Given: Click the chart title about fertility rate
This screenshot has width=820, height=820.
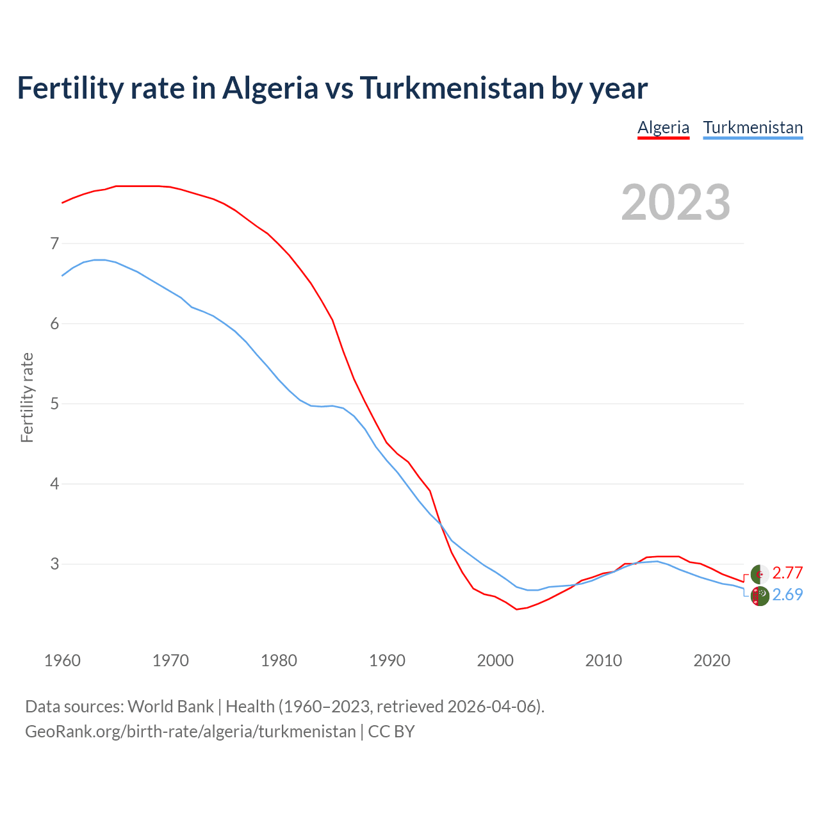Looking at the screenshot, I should tap(332, 88).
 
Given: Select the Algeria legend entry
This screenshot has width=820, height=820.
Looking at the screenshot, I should tap(663, 127).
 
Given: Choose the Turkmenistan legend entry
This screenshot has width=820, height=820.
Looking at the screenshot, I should tap(753, 127).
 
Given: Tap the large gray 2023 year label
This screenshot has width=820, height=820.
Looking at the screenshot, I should tap(676, 202).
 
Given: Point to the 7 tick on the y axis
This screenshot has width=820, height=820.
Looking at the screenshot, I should tap(54, 243).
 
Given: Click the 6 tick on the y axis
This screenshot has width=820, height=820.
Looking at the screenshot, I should tap(54, 324).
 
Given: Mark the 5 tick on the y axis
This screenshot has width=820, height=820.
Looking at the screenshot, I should tap(54, 404).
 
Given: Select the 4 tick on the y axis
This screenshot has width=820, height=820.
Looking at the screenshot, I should tap(54, 484).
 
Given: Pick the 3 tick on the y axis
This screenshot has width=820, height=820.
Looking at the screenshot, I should tap(54, 564).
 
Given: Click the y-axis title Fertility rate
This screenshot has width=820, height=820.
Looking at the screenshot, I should tap(27, 397).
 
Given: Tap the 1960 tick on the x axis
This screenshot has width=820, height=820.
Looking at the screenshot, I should tap(62, 660).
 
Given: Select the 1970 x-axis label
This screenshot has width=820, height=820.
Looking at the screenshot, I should tap(170, 660).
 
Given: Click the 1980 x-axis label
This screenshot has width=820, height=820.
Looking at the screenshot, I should tap(279, 660).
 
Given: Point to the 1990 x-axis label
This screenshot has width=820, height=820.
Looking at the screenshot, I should tap(387, 660).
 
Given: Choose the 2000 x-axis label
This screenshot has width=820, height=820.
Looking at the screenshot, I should tap(495, 660).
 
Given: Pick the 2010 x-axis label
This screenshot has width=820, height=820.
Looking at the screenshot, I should tap(603, 660).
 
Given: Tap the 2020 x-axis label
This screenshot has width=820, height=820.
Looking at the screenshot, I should tap(712, 660).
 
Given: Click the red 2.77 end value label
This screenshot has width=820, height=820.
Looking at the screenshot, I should tap(787, 573).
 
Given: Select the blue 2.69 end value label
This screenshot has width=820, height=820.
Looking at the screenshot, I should tap(787, 594).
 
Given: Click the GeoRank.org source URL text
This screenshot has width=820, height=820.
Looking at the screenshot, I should tap(190, 732).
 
